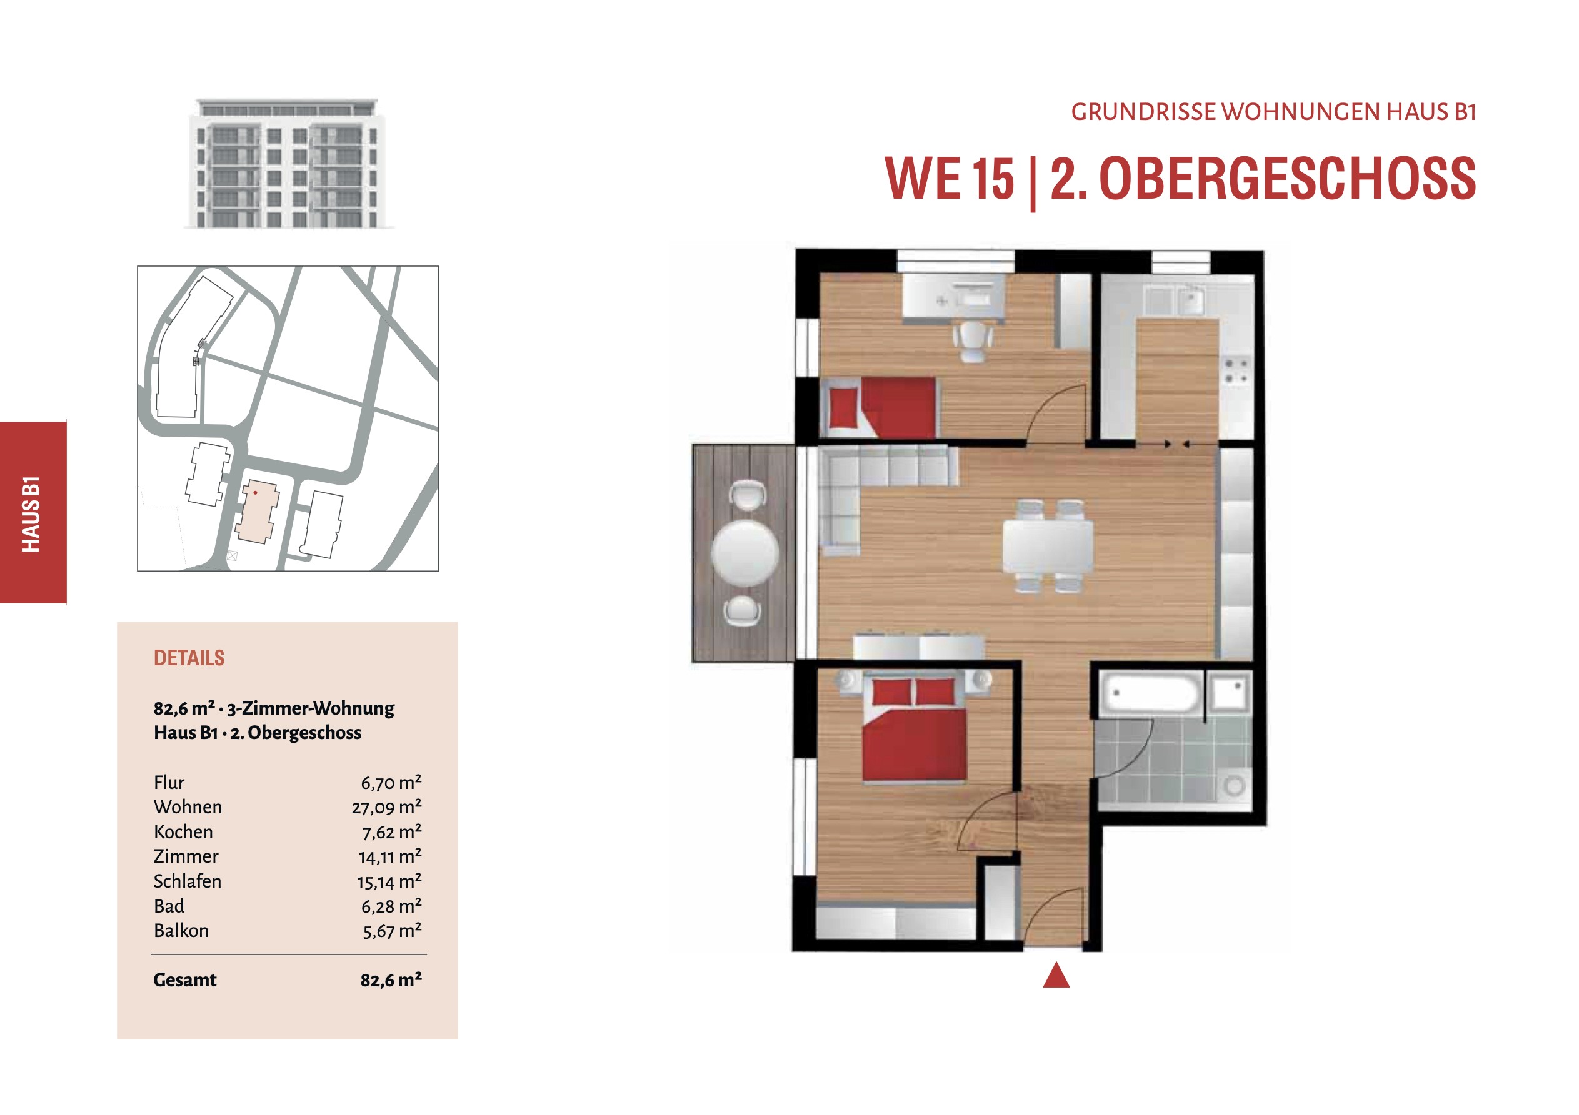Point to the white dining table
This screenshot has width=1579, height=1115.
click(1048, 547)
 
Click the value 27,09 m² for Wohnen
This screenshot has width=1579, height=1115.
click(386, 807)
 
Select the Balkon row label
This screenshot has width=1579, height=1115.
click(181, 931)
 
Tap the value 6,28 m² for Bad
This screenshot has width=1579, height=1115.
click(391, 906)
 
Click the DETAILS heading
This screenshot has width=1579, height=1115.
click(189, 658)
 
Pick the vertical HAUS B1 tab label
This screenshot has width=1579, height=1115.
click(31, 513)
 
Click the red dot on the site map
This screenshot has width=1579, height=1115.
click(255, 492)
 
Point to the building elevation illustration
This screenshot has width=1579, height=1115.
click(288, 163)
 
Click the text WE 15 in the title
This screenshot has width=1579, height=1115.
click(949, 178)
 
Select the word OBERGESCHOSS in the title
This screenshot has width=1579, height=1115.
click(1288, 178)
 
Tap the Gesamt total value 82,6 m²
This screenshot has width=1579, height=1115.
click(391, 979)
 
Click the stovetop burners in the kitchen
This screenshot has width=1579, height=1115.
click(1236, 370)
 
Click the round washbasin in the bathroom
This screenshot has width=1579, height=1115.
click(1234, 785)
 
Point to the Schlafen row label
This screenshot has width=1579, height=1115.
click(188, 881)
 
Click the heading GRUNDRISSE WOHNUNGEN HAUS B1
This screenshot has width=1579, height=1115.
click(1274, 112)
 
